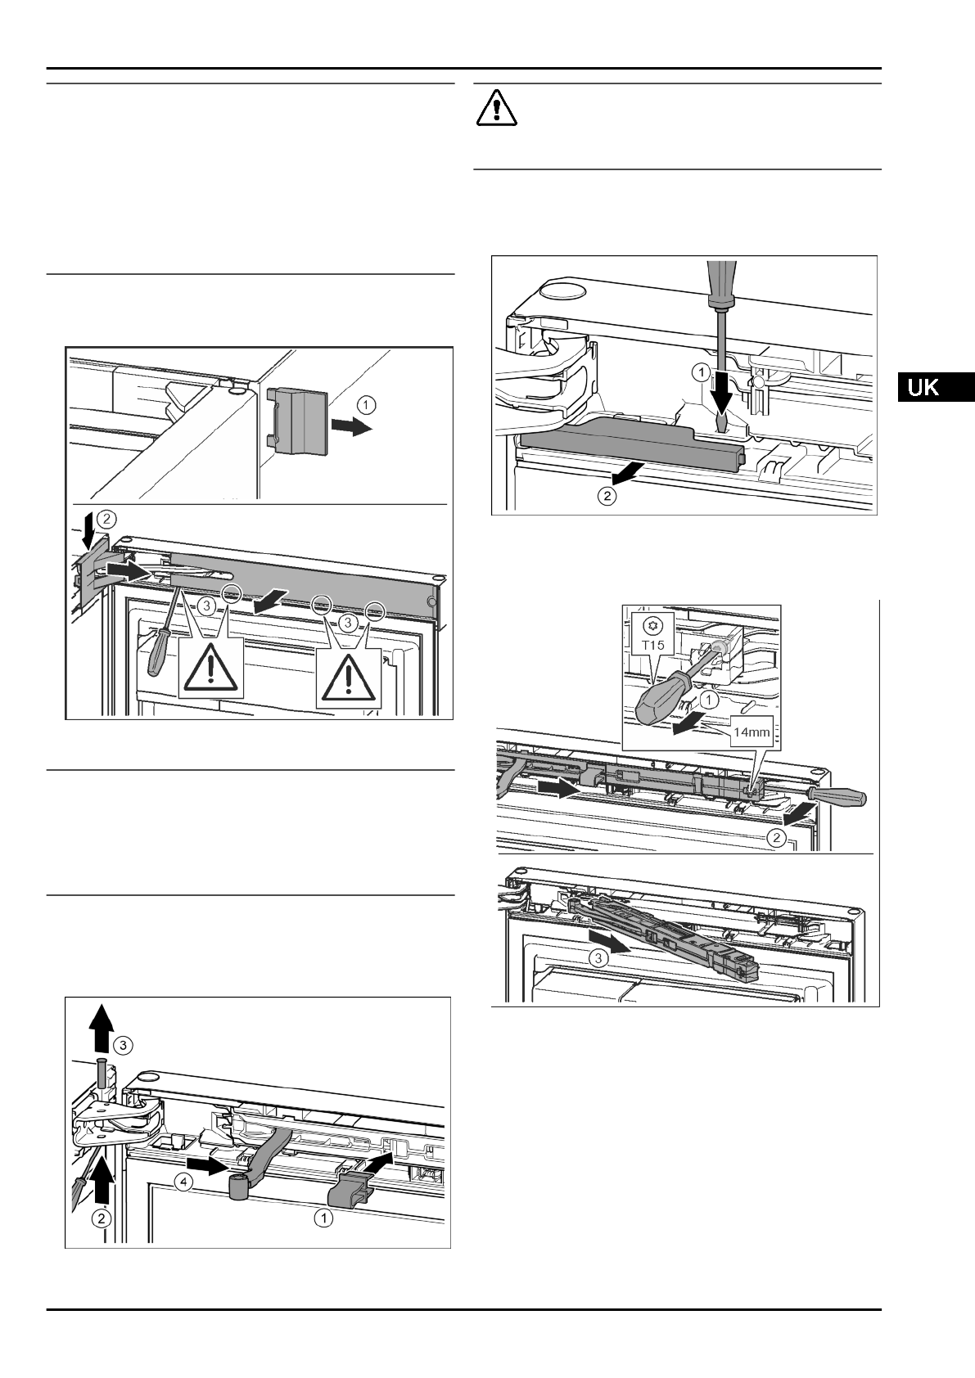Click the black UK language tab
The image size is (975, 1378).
(934, 387)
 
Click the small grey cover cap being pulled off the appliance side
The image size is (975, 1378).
(297, 418)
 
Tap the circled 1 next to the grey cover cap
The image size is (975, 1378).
(368, 403)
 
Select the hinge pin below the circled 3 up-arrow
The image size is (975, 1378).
(101, 1072)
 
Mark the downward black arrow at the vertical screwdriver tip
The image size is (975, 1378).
(721, 398)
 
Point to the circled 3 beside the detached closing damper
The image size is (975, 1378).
(599, 960)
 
